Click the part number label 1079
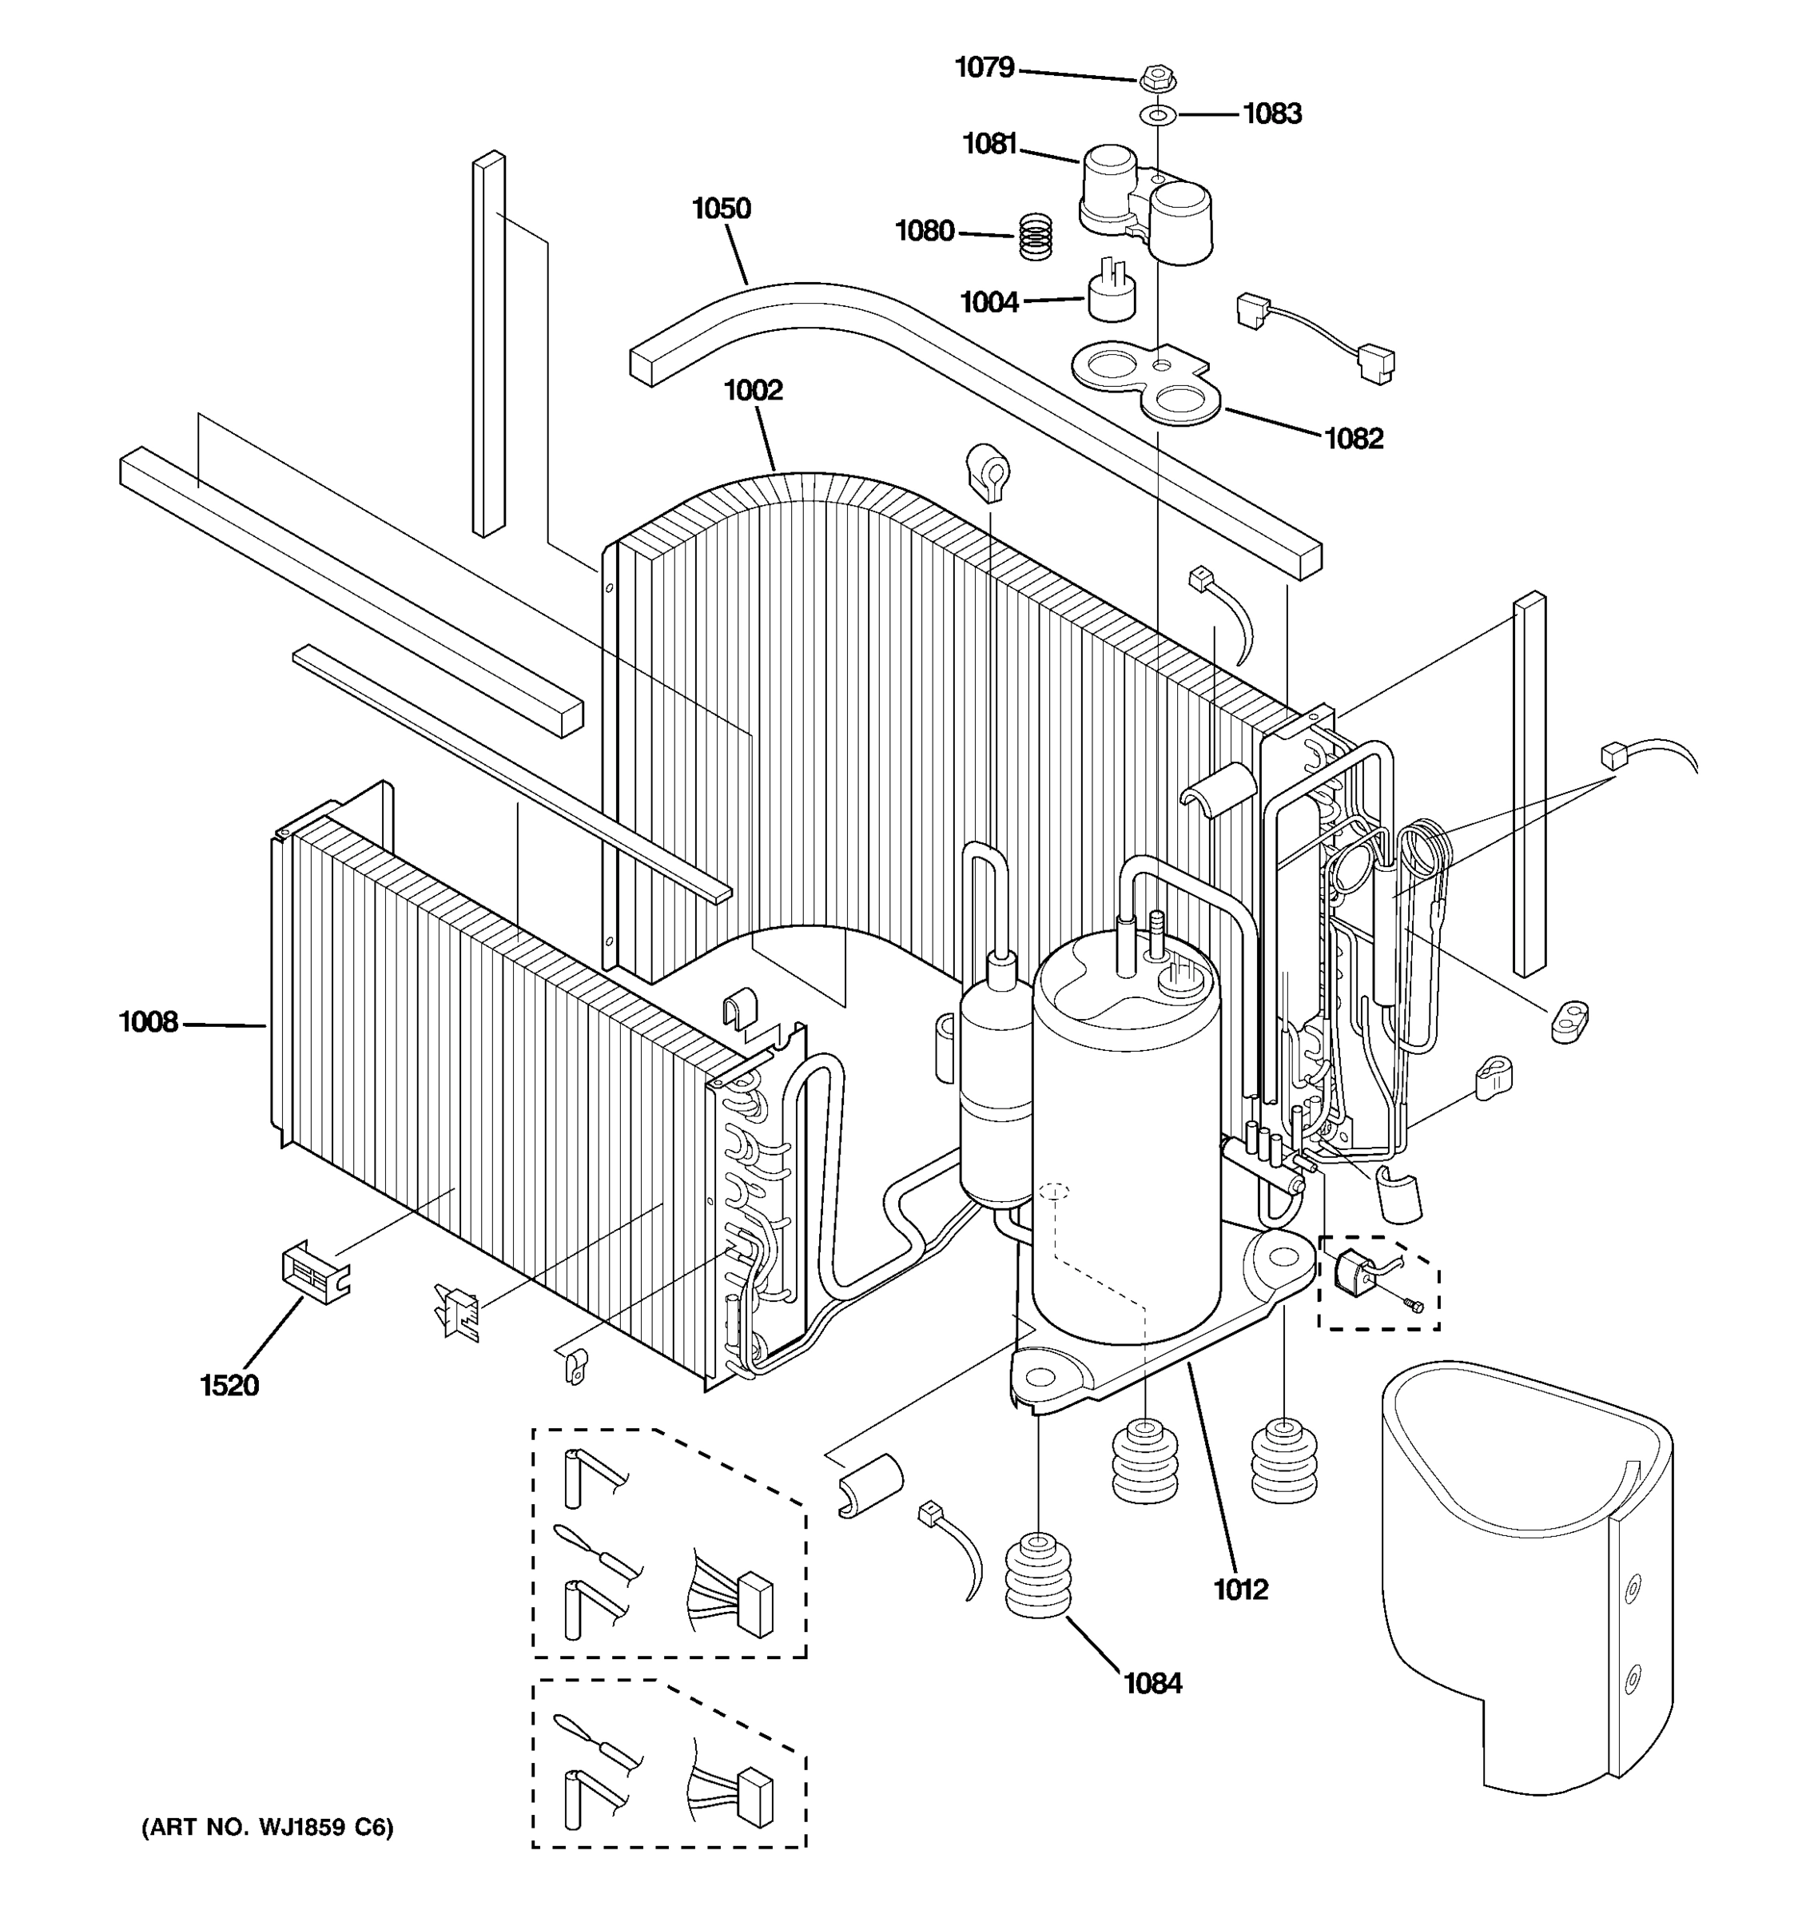[x=984, y=68]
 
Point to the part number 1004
[x=989, y=303]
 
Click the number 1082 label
[x=1354, y=439]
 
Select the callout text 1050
[x=721, y=209]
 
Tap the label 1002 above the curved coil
[x=753, y=391]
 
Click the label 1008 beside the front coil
[x=148, y=1021]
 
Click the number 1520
[x=229, y=1387]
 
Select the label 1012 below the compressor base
[x=1240, y=1589]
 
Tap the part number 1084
[x=1152, y=1684]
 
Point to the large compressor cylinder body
[x=1124, y=1158]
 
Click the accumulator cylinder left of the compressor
[x=996, y=1090]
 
